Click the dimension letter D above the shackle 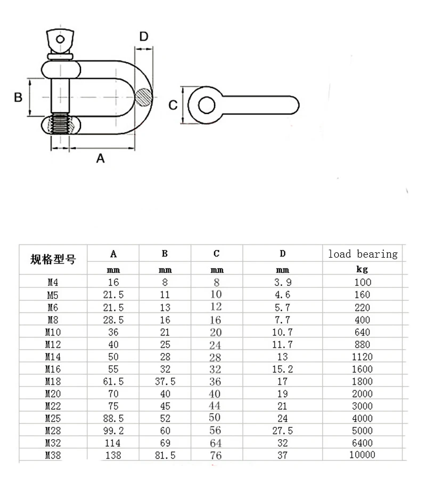click(x=144, y=37)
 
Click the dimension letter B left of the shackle click(x=18, y=97)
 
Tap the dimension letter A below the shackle click(x=100, y=158)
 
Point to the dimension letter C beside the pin click(x=173, y=105)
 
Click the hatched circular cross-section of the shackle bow click(x=143, y=97)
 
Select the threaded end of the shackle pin click(x=60, y=126)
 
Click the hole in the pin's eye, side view click(x=205, y=105)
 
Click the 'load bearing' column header click(x=363, y=254)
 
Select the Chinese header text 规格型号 click(x=53, y=260)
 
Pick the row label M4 click(x=52, y=283)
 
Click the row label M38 click(x=53, y=455)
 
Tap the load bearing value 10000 click(x=362, y=455)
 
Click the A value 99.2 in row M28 click(x=113, y=431)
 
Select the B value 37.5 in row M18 click(x=165, y=382)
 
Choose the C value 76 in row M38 click(x=216, y=455)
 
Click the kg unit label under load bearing click(x=363, y=270)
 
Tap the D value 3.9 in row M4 click(x=282, y=283)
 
